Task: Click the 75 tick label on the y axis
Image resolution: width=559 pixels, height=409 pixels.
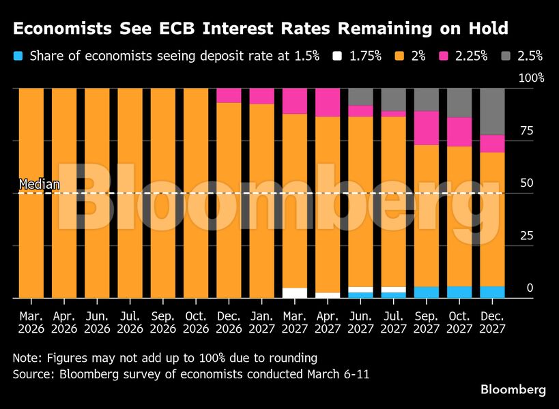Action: (526, 130)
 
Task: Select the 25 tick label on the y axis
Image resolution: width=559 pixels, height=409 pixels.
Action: (526, 236)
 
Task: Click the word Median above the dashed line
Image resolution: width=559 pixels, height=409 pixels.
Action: (39, 184)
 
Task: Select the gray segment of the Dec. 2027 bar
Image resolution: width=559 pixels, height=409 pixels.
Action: (491, 111)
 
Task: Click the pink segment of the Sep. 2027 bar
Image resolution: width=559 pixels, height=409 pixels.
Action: (426, 127)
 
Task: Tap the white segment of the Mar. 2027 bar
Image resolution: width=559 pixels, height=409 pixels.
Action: (294, 292)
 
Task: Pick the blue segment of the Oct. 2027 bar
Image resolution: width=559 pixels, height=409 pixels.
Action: (459, 292)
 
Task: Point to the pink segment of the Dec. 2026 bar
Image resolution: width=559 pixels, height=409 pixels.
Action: (229, 95)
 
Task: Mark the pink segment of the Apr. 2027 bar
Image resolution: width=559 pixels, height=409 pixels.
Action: (327, 102)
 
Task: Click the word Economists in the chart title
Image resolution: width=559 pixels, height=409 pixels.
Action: (62, 29)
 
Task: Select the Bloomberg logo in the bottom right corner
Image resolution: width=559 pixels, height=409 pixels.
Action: (513, 390)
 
